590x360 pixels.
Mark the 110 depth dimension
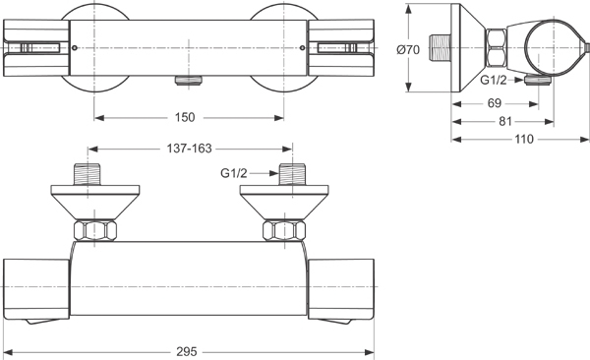(x=523, y=139)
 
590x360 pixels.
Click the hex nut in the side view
(x=496, y=43)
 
